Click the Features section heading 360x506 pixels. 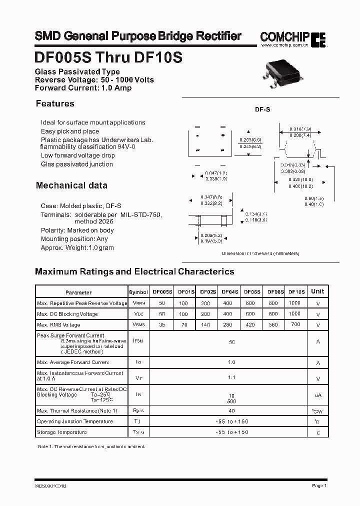(x=55, y=104)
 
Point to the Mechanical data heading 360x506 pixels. (x=71, y=185)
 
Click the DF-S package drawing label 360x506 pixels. (x=263, y=109)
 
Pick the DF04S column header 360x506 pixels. (x=229, y=291)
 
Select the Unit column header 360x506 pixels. (x=317, y=291)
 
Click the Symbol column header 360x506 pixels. (x=138, y=292)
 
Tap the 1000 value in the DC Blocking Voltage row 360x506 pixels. (x=295, y=313)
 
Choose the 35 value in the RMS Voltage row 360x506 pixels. (x=161, y=325)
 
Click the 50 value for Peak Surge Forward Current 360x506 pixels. (x=232, y=342)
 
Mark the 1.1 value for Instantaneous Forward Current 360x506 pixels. (x=231, y=377)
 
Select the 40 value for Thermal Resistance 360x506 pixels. (x=231, y=410)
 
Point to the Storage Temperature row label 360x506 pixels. (x=58, y=432)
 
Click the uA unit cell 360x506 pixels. (x=318, y=395)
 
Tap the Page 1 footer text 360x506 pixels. (x=319, y=485)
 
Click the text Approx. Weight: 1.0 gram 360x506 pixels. (x=77, y=247)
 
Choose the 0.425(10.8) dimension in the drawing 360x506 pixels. (x=300, y=179)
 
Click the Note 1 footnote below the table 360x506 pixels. (x=91, y=446)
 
